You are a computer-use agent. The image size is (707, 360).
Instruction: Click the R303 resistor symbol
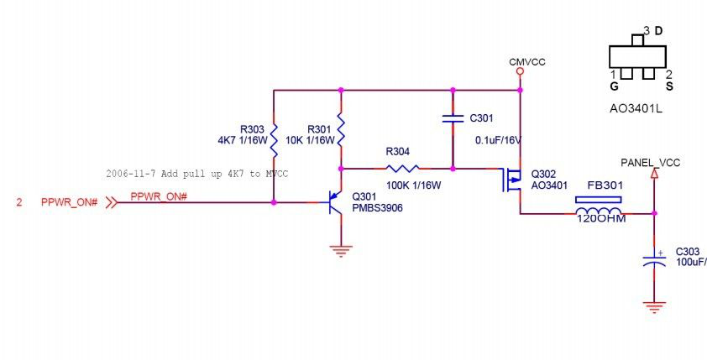[x=274, y=135]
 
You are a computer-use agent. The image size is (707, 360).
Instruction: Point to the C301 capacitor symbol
[x=453, y=118]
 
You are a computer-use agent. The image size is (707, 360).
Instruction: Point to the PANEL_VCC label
[x=651, y=161]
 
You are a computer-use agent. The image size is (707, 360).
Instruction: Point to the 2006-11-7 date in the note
[x=130, y=174]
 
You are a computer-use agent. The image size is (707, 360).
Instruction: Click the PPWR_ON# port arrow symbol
[x=109, y=202]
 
